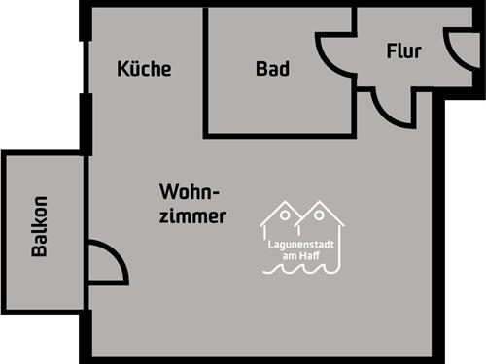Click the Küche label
point(144,69)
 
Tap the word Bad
point(273,69)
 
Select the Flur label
point(403,50)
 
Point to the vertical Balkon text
point(40,227)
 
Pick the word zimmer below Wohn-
point(195,216)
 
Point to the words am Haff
point(301,255)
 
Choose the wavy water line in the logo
point(301,271)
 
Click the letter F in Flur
point(391,50)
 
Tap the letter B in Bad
point(261,69)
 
